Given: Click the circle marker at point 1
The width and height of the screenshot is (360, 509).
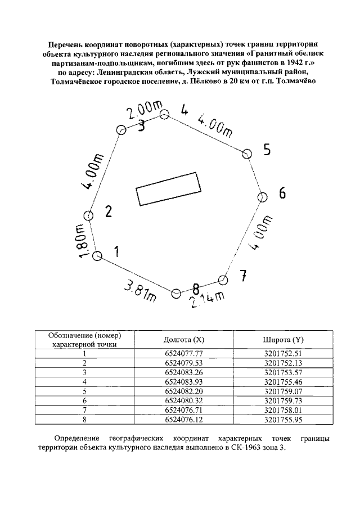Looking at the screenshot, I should pyautogui.click(x=97, y=256).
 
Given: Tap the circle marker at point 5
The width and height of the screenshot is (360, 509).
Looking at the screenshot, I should pyautogui.click(x=247, y=153).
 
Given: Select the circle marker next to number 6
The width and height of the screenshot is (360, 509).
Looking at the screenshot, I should pyautogui.click(x=262, y=197).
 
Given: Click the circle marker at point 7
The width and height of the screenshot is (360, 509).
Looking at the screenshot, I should pyautogui.click(x=223, y=280).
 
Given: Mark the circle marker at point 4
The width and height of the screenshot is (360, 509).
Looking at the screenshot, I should pyautogui.click(x=164, y=115).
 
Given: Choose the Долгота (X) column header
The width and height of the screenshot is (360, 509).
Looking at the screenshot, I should pyautogui.click(x=183, y=340).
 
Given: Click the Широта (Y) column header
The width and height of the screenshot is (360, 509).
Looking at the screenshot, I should pyautogui.click(x=283, y=340).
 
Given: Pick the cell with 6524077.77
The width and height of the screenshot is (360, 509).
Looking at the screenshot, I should pyautogui.click(x=183, y=353).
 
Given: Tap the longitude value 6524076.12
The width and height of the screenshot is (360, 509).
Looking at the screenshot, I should pyautogui.click(x=183, y=419).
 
